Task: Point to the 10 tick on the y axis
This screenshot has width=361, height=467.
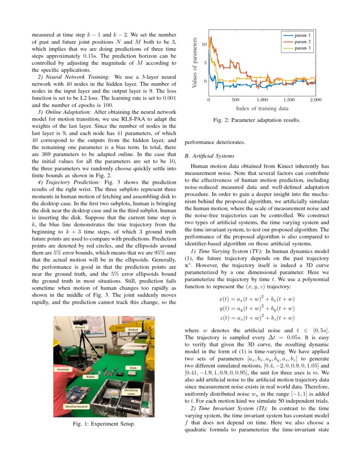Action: point(204,44)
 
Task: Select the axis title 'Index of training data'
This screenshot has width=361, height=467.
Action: point(262,108)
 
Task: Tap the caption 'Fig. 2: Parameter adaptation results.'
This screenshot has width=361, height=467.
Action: point(257,120)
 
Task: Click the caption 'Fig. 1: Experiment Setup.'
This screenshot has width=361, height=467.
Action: point(104,424)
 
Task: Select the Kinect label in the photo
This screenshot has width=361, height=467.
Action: point(80,327)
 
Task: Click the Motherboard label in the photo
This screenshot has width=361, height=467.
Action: point(76,406)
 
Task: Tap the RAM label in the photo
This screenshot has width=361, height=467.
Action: point(90,377)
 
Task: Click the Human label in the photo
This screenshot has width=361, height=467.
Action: point(63,369)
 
